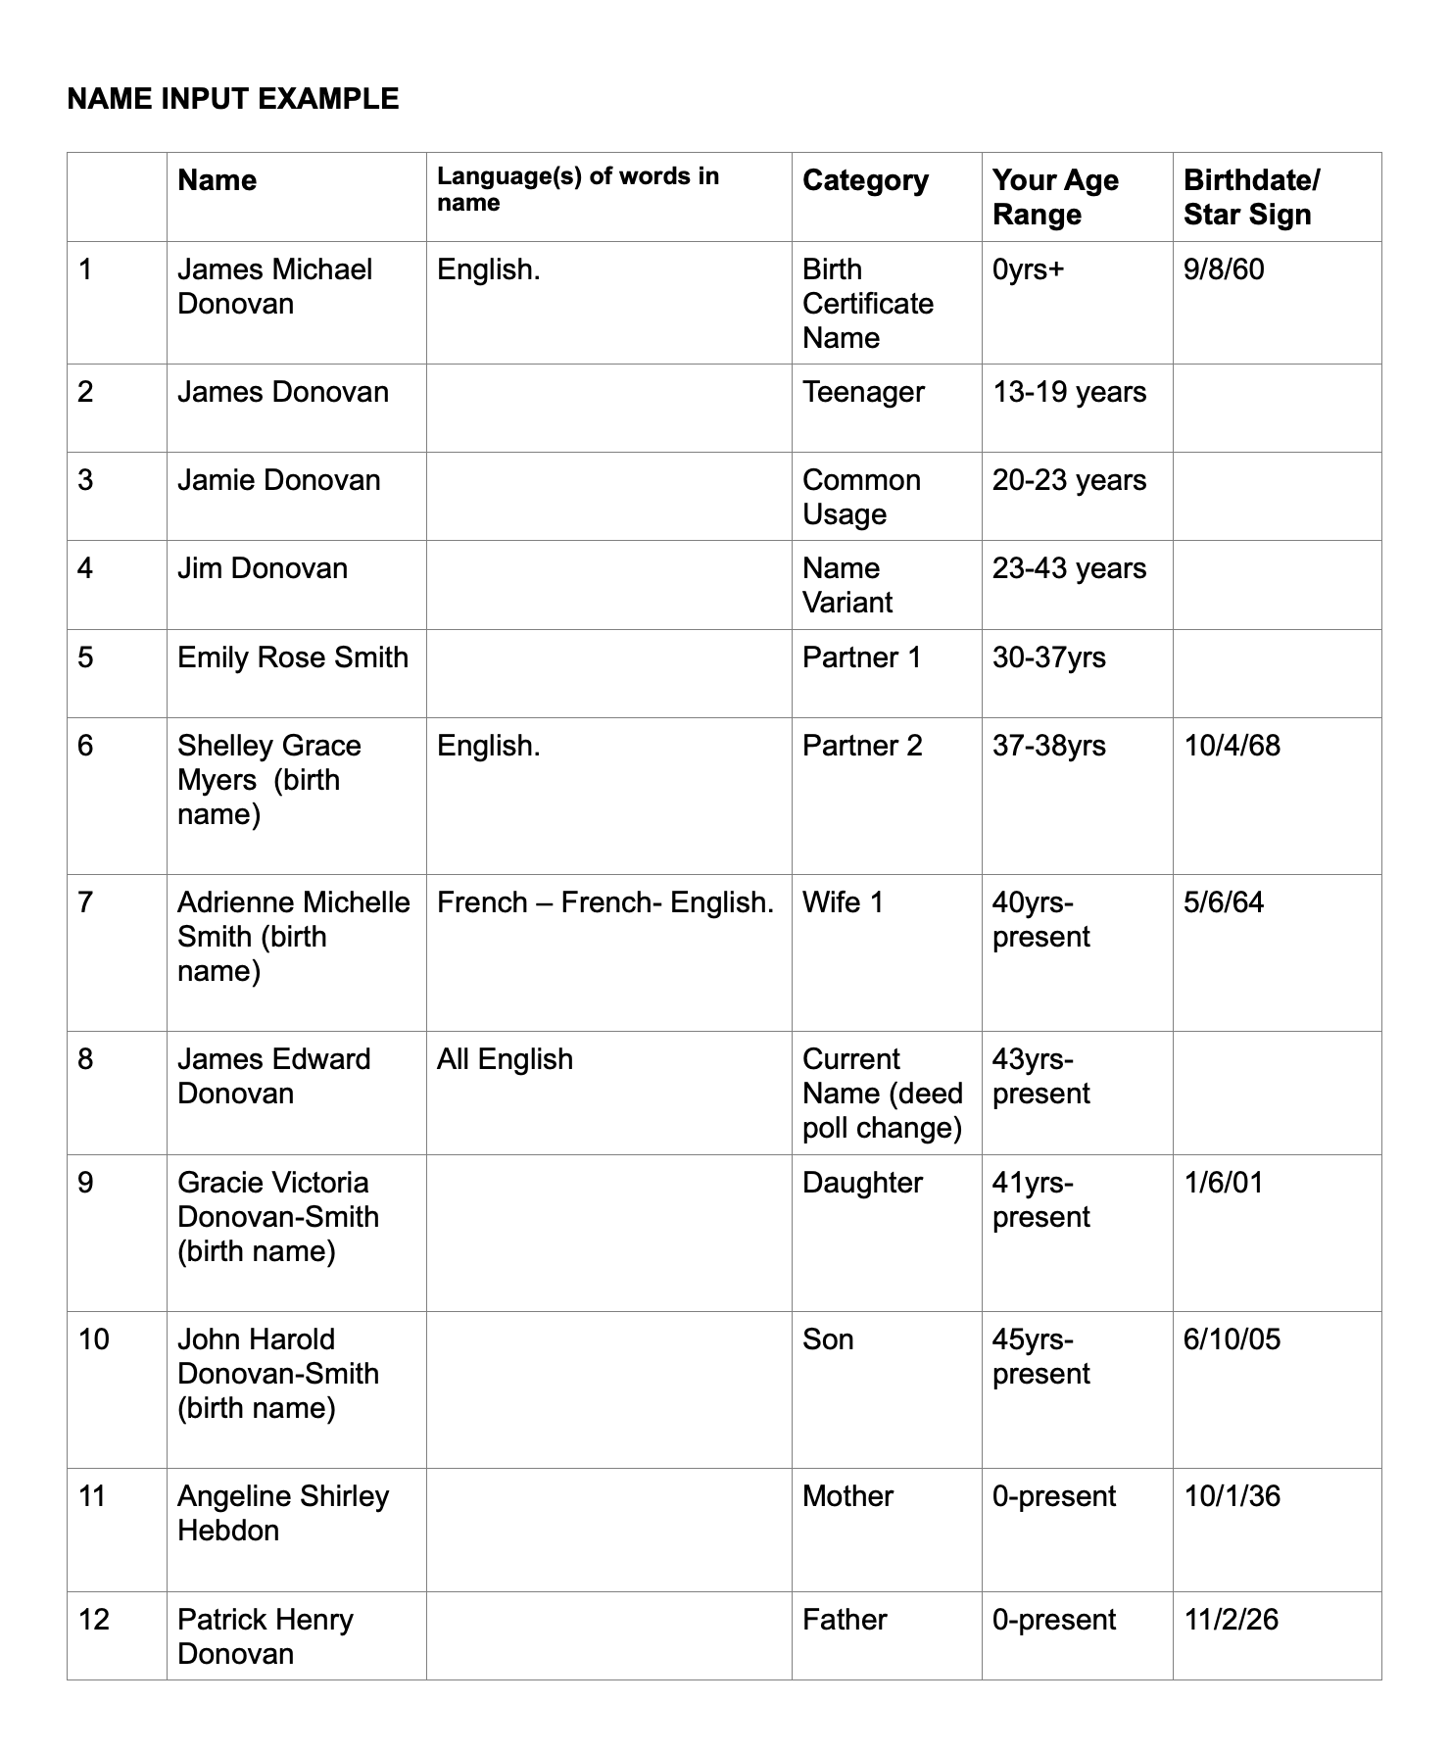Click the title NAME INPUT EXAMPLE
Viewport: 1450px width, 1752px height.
[x=233, y=99]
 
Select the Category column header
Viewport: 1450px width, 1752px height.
[x=865, y=180]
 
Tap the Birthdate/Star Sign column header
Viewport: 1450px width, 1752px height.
[x=1251, y=197]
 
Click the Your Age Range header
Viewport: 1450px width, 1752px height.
[x=1054, y=197]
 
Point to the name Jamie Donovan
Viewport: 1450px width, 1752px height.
[x=278, y=480]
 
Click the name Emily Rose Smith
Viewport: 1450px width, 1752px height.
[x=292, y=657]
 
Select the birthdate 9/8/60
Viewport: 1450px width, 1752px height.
[x=1224, y=269]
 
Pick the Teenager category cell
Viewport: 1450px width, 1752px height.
[x=863, y=392]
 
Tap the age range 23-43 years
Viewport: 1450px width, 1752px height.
[x=1069, y=568]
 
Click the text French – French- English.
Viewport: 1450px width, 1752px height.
[x=605, y=901]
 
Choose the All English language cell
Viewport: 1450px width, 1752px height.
[x=505, y=1059]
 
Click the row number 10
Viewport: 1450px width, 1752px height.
[x=93, y=1339]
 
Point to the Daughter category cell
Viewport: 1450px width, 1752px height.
[x=862, y=1183]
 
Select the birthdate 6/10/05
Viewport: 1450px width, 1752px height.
[x=1232, y=1339]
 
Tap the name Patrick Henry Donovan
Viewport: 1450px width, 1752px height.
[x=265, y=1636]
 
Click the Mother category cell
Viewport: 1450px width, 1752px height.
[x=847, y=1496]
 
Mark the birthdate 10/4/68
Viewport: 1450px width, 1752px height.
[x=1232, y=746]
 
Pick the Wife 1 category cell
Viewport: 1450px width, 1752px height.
[x=843, y=901]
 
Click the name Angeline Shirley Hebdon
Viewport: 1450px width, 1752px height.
[x=282, y=1513]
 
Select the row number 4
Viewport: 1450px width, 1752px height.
[x=85, y=568]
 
